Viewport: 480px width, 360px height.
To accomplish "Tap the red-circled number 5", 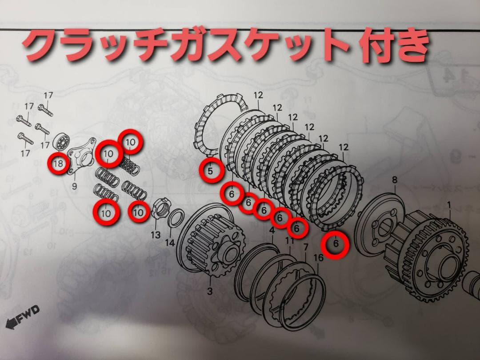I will point(211,170).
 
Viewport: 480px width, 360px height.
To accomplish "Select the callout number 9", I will point(74,187).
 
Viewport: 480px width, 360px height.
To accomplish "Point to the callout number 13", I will point(156,235).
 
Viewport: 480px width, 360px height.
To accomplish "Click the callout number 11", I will point(290,240).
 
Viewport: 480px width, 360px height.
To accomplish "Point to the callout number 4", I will point(272,230).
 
